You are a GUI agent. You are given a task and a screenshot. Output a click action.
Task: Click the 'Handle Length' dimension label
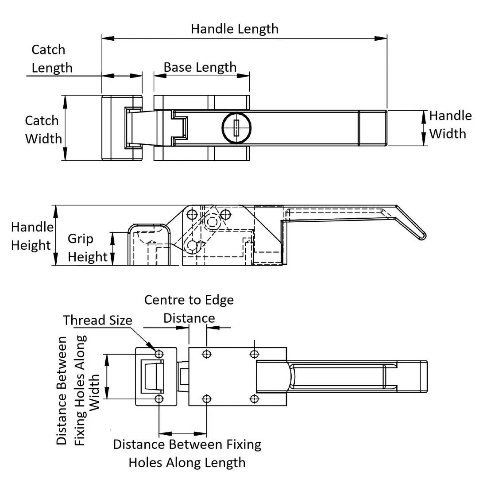[235, 29]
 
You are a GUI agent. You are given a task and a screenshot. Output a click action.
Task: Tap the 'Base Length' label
[200, 67]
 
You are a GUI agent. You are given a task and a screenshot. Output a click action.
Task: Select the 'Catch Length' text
[51, 58]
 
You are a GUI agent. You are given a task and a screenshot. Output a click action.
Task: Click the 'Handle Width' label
[450, 124]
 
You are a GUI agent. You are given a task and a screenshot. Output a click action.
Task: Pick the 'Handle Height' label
[32, 236]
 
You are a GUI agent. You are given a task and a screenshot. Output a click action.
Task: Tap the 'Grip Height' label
[87, 247]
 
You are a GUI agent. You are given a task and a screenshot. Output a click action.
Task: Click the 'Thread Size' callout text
[97, 320]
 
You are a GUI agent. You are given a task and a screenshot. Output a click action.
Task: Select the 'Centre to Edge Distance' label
[189, 309]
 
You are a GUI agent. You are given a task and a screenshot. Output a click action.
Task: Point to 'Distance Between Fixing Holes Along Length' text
[187, 453]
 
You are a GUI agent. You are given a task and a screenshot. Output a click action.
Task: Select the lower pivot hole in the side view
[192, 245]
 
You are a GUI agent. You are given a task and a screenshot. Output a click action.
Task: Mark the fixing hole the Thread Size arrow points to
[159, 354]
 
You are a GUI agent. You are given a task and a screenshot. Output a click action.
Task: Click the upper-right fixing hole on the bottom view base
[254, 354]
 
